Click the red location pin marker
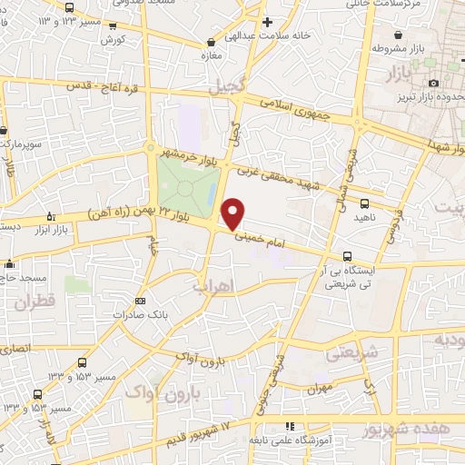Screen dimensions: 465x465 232,213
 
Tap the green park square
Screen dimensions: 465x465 187,187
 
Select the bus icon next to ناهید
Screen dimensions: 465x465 364,203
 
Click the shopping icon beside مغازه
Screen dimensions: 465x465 212,41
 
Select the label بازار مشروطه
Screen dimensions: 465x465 404,48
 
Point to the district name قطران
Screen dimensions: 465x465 35,302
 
